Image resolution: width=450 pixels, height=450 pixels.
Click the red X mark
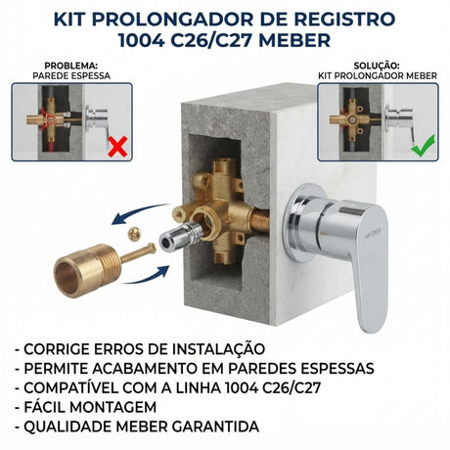click(117, 147)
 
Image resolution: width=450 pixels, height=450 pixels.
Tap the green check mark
click(424, 146)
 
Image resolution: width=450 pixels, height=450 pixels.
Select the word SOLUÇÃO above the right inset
click(377, 66)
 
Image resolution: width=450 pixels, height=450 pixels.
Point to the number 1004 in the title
click(141, 40)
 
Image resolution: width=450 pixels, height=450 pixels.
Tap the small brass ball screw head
click(134, 234)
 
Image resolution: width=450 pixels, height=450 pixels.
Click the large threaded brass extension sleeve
click(87, 270)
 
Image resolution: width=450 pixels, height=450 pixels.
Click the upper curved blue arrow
click(139, 211)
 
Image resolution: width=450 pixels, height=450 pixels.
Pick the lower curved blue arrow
click(147, 277)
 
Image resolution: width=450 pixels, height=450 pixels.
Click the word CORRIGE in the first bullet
click(57, 349)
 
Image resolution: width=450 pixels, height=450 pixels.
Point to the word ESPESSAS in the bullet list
click(337, 369)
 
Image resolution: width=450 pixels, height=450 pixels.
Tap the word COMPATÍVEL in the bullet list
click(71, 387)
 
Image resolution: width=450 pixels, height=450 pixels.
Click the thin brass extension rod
click(139, 252)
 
